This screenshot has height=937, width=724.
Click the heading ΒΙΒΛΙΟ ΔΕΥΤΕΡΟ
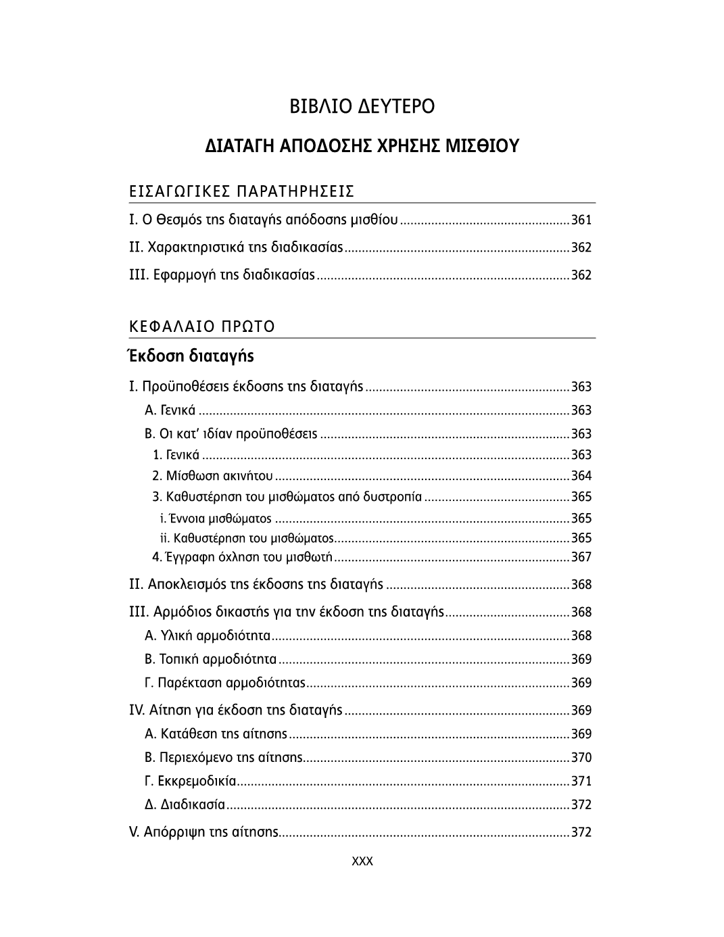(x=362, y=107)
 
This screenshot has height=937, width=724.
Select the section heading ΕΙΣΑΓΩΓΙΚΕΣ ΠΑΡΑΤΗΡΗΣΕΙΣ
(x=241, y=191)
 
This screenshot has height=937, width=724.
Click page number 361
(x=581, y=220)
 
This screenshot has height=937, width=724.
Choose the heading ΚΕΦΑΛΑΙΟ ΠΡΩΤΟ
(x=201, y=327)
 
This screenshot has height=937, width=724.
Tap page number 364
(x=581, y=476)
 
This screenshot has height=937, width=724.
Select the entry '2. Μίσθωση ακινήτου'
(x=212, y=476)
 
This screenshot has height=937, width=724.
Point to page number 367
(x=581, y=557)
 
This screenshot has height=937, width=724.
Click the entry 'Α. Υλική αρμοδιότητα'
(x=208, y=635)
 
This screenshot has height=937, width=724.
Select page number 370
(x=581, y=757)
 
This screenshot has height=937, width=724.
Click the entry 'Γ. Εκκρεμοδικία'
(x=191, y=781)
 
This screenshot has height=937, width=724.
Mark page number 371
(x=581, y=781)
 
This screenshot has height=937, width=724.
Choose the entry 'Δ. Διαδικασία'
(x=185, y=804)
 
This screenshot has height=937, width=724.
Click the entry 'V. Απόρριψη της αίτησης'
(x=203, y=832)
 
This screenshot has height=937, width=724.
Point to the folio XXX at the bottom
(x=362, y=861)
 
